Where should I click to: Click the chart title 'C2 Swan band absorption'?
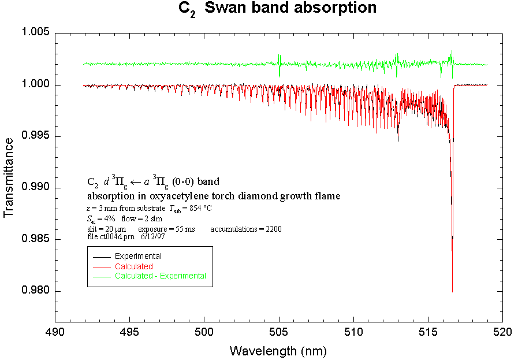coord(277,9)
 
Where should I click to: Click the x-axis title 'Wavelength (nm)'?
coord(278,350)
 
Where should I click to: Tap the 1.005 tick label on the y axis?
coord(35,32)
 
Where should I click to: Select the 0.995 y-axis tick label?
coord(35,136)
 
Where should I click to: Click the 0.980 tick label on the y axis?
coord(35,291)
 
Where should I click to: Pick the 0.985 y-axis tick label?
coord(35,240)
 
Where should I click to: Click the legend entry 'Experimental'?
coord(138,256)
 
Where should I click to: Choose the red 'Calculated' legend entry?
coord(133,266)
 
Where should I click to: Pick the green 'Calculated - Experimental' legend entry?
coord(160,276)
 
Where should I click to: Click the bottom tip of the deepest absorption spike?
coord(452,292)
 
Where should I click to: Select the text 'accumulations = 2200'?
coord(246,229)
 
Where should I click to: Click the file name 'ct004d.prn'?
coord(119,237)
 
